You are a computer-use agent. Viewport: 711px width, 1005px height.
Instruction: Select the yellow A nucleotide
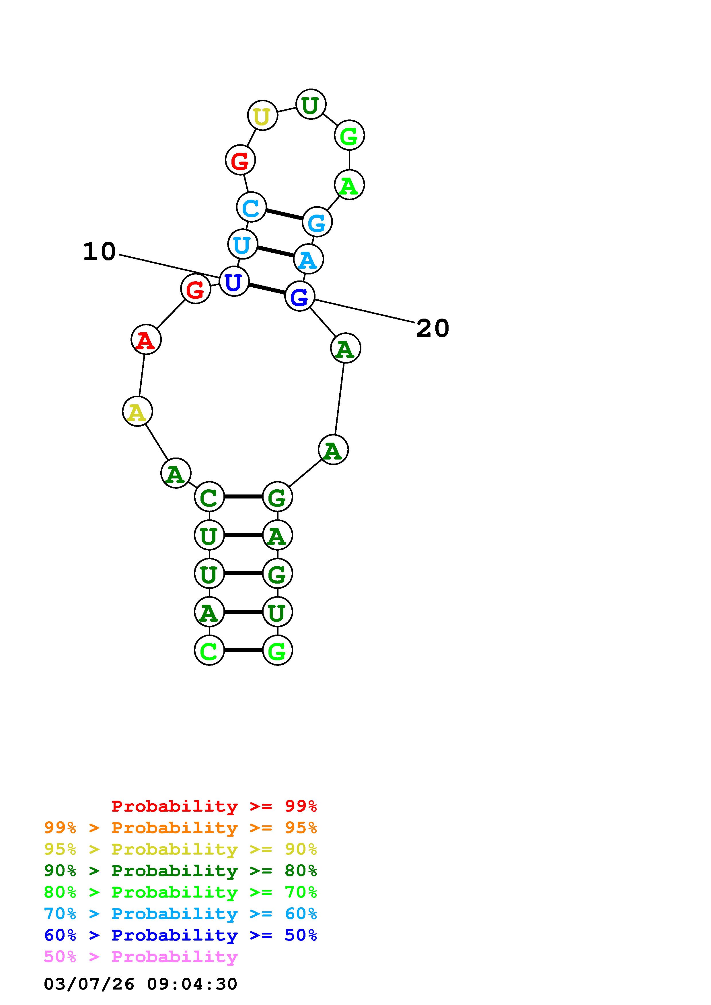[x=137, y=412]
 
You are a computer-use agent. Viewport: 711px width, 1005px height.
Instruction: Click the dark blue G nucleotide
[x=300, y=297]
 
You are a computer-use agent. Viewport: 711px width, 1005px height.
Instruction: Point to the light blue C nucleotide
[x=251, y=207]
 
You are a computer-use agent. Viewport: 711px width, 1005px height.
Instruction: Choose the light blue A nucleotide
[x=308, y=260]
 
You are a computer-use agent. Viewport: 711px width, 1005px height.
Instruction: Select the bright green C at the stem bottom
[x=209, y=650]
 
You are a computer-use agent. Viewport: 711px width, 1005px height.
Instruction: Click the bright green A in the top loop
[x=349, y=185]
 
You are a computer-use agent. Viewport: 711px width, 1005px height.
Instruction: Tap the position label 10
[x=100, y=252]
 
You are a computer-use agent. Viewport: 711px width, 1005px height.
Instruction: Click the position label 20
[x=433, y=328]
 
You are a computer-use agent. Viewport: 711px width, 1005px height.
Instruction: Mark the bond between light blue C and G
[x=284, y=215]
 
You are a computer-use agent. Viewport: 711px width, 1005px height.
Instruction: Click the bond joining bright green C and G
[x=243, y=650]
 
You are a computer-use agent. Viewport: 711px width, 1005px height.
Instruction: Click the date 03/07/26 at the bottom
[x=89, y=984]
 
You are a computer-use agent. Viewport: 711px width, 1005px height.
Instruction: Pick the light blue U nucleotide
[x=242, y=244]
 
